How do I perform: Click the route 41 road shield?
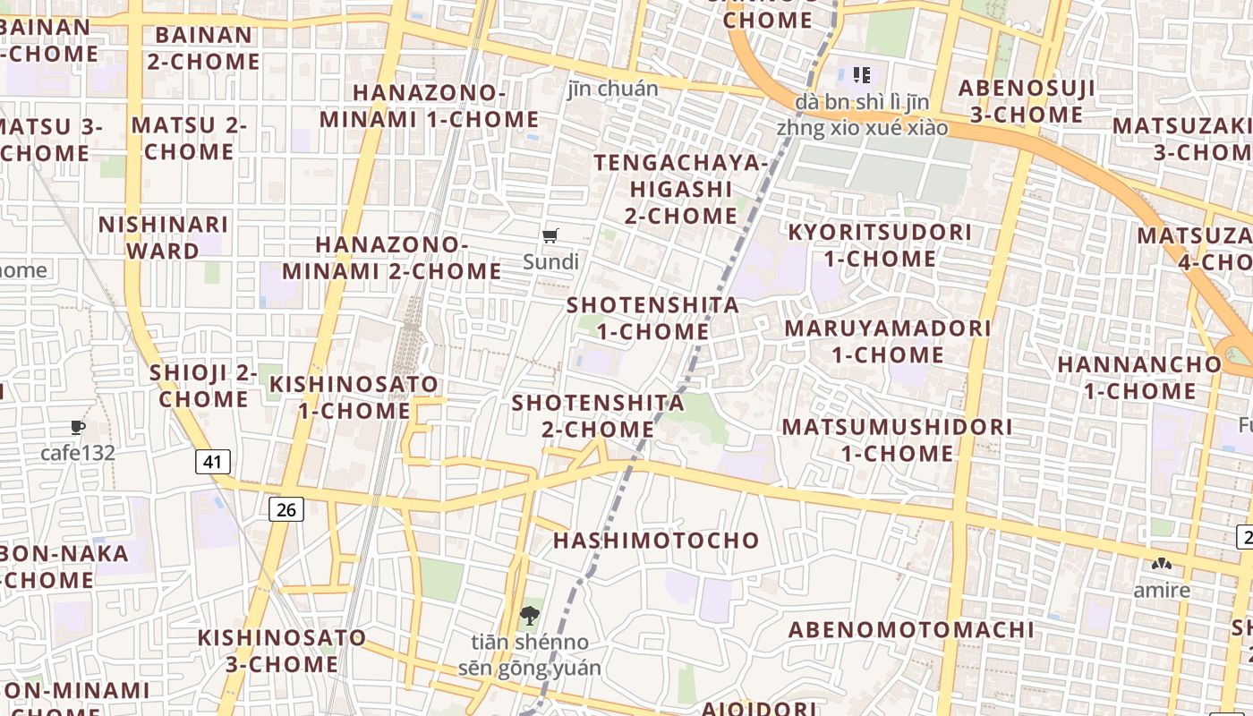(212, 462)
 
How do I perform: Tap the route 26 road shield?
(286, 510)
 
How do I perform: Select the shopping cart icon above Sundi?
(550, 236)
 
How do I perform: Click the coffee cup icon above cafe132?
(78, 428)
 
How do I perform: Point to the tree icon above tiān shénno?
(530, 616)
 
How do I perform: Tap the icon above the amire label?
(1162, 565)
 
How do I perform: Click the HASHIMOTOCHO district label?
(656, 541)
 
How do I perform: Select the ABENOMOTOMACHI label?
(911, 630)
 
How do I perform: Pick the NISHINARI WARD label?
(163, 237)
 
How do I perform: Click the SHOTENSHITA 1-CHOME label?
(653, 319)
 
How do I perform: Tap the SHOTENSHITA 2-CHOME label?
(598, 416)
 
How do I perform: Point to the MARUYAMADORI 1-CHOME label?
(888, 341)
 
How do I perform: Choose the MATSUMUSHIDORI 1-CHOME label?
(898, 439)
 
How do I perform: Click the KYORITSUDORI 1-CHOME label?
(880, 245)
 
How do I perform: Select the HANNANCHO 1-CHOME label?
(1139, 378)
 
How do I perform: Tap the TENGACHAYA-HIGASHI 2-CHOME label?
(681, 190)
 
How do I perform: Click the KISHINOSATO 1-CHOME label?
(354, 397)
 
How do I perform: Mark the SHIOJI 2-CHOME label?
(204, 386)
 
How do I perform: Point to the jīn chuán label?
(613, 89)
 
